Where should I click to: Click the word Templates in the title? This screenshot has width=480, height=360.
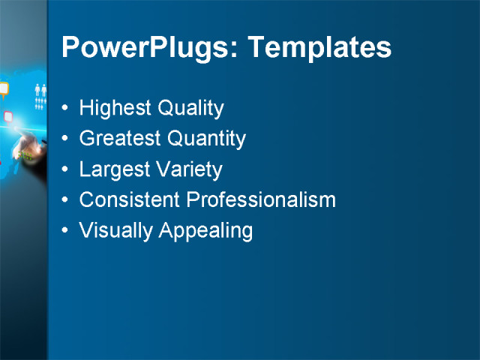(x=319, y=48)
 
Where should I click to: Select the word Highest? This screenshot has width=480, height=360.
(x=115, y=109)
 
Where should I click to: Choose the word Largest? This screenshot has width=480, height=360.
(x=113, y=169)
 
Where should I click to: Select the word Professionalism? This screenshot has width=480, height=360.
(x=260, y=200)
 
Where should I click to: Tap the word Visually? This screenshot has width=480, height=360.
(x=115, y=231)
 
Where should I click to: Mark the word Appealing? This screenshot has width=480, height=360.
(x=205, y=231)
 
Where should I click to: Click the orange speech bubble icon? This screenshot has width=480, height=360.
(x=4, y=88)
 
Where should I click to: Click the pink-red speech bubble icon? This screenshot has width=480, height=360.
(x=8, y=116)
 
